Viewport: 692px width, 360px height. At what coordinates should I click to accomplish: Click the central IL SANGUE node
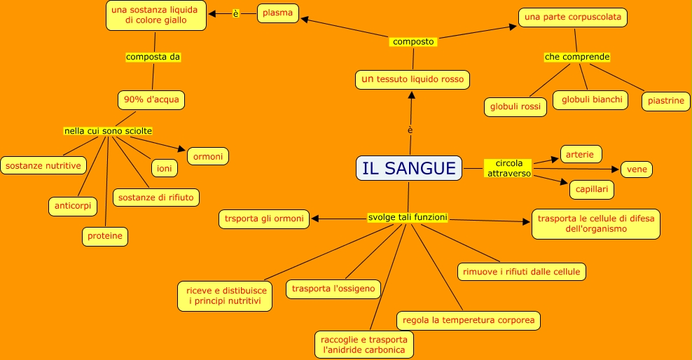409,168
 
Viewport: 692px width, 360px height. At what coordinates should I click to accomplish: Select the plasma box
278,13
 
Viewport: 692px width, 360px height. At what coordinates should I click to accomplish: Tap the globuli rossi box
515,106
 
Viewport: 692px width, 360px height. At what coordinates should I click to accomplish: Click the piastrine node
665,101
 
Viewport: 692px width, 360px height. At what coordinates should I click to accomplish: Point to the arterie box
581,154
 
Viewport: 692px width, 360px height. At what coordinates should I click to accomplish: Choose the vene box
637,169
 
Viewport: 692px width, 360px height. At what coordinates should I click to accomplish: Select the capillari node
592,189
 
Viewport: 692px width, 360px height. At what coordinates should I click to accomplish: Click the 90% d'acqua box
151,100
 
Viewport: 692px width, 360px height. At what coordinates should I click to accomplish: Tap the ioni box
165,168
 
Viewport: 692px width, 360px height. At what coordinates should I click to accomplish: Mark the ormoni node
207,157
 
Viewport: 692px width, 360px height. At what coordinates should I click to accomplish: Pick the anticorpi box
73,206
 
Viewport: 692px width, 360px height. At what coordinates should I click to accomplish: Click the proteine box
105,237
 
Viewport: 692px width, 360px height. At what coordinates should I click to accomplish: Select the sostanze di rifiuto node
156,198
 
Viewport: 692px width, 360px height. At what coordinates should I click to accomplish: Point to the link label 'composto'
414,42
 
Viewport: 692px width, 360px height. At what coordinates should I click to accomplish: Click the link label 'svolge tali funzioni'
408,218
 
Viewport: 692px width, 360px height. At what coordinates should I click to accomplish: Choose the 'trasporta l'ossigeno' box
333,289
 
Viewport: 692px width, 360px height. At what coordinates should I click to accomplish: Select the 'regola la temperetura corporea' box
469,321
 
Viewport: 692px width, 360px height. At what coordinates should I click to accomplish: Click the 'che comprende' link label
578,57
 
